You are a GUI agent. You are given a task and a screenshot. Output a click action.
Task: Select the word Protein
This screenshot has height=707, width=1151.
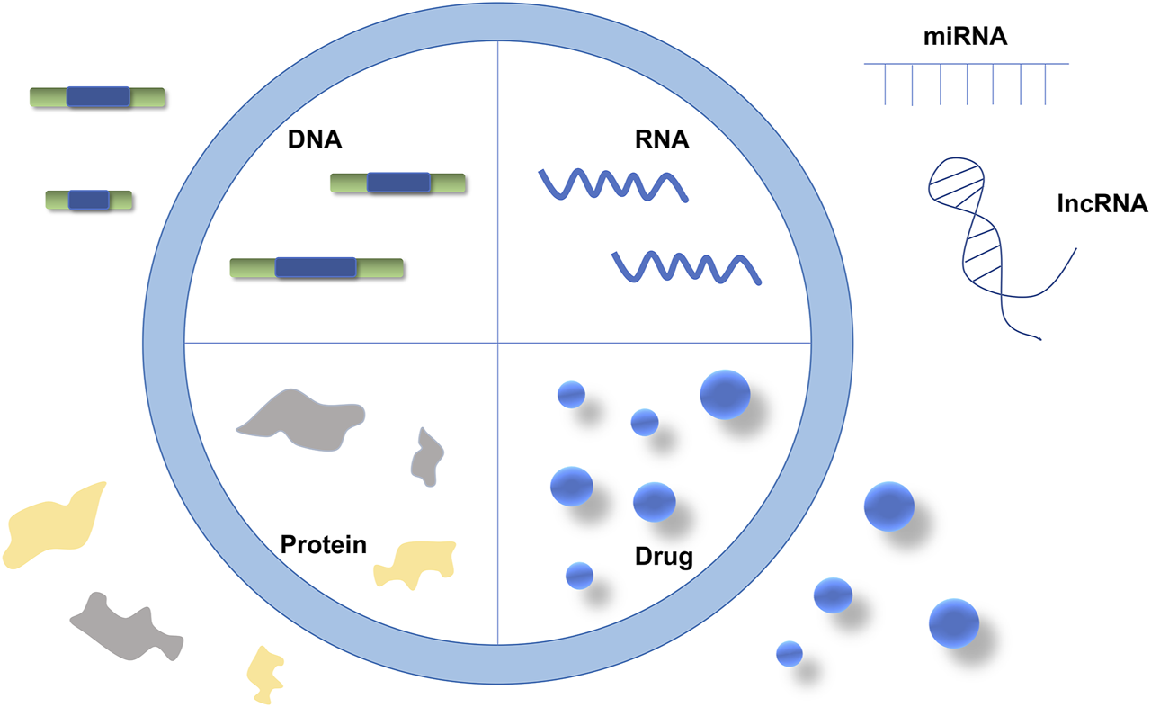[x=324, y=544]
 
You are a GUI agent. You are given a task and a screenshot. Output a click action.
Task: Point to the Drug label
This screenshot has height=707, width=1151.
[x=664, y=557]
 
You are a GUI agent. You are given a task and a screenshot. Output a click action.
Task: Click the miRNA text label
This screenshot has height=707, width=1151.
[x=966, y=40]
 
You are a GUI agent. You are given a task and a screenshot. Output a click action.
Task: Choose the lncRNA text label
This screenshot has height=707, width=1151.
[x=1102, y=204]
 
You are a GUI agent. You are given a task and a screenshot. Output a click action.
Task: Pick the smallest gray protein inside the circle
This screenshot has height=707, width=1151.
[x=427, y=457]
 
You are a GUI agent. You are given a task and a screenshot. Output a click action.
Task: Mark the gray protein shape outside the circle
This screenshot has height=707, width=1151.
[x=126, y=625]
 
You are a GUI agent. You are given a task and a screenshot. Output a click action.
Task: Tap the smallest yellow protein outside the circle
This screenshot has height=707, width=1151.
[x=266, y=673]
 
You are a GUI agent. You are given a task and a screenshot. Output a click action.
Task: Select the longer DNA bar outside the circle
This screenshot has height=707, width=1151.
[x=97, y=97]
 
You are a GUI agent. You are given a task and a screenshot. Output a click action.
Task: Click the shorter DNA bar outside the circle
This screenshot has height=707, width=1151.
[x=89, y=200]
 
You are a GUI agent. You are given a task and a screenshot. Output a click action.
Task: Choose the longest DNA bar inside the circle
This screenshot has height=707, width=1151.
[x=317, y=267]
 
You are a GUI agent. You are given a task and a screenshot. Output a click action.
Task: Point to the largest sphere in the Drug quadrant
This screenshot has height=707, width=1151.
[x=725, y=394]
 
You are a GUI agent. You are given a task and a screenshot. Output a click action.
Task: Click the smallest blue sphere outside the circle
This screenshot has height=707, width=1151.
[x=789, y=653]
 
